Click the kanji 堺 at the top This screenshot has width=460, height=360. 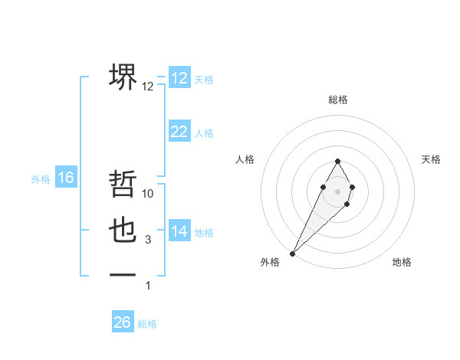[123, 77]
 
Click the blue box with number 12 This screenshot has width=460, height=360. [179, 78]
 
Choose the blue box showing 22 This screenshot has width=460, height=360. [179, 132]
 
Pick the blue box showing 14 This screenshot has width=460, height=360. [179, 231]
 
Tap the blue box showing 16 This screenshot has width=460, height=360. [66, 178]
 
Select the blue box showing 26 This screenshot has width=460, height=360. [123, 322]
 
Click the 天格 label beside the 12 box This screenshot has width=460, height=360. [204, 80]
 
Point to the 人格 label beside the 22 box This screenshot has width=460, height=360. [204, 133]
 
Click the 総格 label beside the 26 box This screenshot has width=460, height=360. [147, 324]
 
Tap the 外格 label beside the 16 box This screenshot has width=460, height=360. [41, 179]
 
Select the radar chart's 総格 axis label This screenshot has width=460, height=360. [337, 100]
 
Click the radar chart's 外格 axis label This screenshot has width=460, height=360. [270, 262]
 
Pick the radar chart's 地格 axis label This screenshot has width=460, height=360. [402, 262]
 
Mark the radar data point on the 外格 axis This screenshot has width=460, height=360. [292, 254]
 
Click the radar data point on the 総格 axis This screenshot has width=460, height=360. [337, 161]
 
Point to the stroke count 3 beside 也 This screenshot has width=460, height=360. [148, 240]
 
